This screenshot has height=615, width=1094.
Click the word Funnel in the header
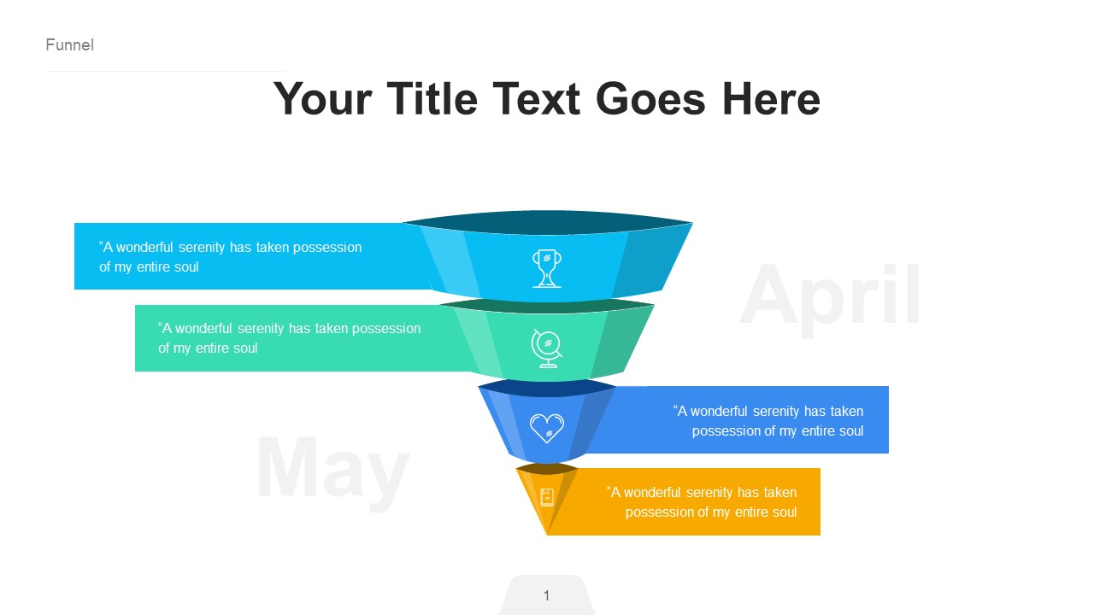click(69, 45)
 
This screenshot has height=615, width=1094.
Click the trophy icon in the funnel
click(547, 267)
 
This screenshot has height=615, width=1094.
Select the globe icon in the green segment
click(547, 348)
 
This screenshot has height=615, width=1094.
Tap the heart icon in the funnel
click(547, 427)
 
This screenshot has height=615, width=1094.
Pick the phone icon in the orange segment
click(547, 497)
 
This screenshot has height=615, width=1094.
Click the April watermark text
click(831, 296)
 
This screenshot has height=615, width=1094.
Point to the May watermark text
click(332, 468)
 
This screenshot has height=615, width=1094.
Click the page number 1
click(547, 595)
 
